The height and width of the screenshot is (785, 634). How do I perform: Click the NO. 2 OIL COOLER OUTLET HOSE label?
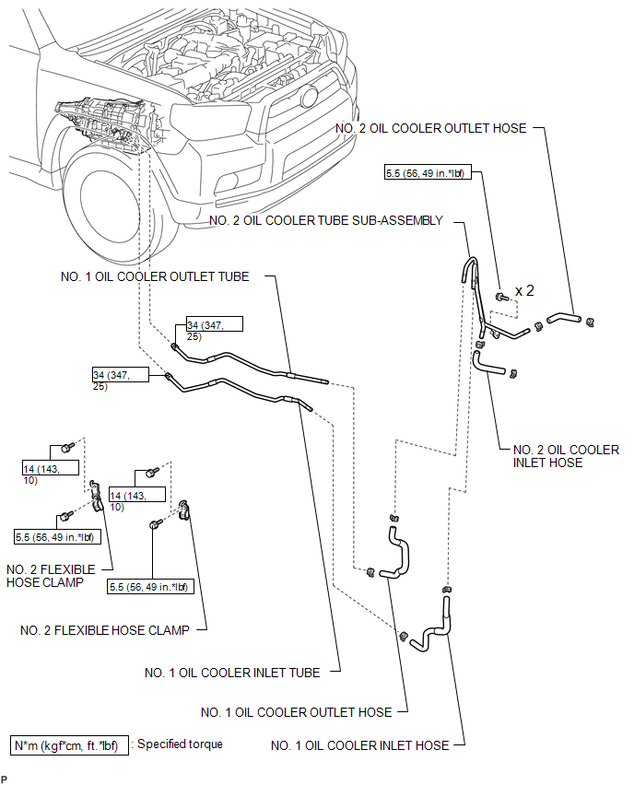(430, 128)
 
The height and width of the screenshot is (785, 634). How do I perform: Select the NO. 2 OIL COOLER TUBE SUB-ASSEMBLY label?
(326, 221)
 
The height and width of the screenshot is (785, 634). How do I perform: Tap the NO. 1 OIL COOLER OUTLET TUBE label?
(155, 276)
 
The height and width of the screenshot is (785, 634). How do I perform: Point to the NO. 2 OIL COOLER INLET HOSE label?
(566, 456)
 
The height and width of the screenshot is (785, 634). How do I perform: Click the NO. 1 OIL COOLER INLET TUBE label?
(232, 673)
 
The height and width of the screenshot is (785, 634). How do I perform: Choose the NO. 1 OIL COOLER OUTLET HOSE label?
(297, 712)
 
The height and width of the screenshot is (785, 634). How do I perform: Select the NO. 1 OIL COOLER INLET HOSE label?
(360, 745)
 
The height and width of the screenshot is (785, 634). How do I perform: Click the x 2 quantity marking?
(524, 291)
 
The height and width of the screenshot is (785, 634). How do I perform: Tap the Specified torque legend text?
(180, 744)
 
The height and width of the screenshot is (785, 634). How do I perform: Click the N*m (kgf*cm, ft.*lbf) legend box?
(69, 745)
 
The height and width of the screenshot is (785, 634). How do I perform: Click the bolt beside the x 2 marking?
(502, 298)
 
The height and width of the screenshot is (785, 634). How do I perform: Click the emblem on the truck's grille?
(309, 97)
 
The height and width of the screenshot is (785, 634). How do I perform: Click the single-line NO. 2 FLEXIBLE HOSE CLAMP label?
(105, 630)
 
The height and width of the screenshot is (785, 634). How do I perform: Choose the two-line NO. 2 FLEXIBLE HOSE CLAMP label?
(51, 576)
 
